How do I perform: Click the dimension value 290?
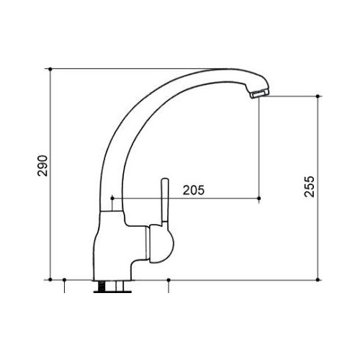[41, 167]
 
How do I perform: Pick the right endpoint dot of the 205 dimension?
[259, 197]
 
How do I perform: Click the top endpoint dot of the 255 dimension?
[317, 95]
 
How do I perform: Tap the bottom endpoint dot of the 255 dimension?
[317, 279]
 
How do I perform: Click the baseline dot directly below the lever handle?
[168, 279]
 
